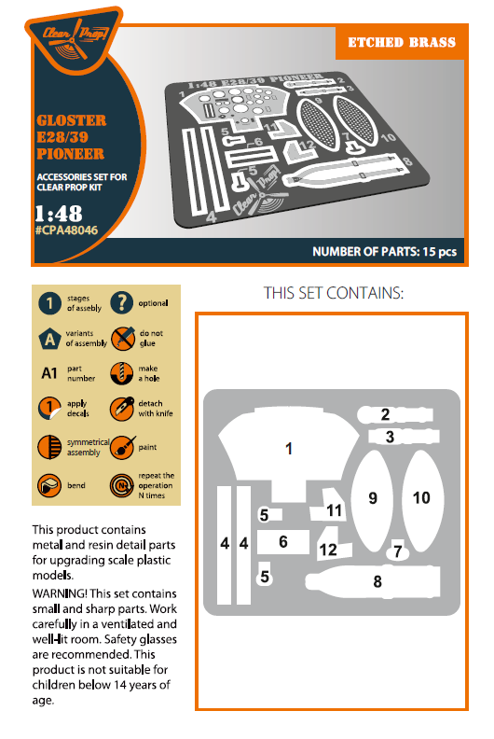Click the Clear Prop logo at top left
[x=75, y=39]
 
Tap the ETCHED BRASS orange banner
[x=402, y=42]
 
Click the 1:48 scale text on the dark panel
[x=56, y=212]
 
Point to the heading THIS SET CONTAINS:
[x=334, y=293]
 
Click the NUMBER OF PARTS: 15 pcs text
[x=384, y=252]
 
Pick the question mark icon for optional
[x=122, y=303]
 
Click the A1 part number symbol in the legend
[x=50, y=375]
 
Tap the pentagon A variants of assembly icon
[x=50, y=338]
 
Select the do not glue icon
[x=122, y=338]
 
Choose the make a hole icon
[x=122, y=373]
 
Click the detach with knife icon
[x=122, y=409]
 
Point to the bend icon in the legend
[x=50, y=485]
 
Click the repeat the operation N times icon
[x=122, y=485]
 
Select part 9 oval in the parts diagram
[x=373, y=498]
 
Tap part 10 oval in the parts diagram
[x=421, y=498]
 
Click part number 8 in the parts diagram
[x=377, y=582]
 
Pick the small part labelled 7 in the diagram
[x=398, y=551]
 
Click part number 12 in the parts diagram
[x=328, y=550]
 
